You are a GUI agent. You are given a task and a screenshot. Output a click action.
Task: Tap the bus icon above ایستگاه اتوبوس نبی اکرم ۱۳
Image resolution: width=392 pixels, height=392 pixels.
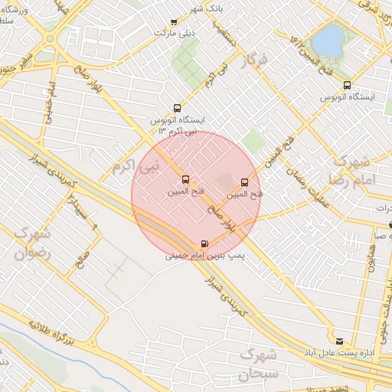coord(178,108)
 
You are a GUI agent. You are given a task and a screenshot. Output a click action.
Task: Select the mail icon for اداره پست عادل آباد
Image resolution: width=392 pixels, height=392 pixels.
coord(339,340)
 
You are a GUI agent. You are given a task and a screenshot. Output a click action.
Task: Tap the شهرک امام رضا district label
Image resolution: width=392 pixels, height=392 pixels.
coord(351,171)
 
